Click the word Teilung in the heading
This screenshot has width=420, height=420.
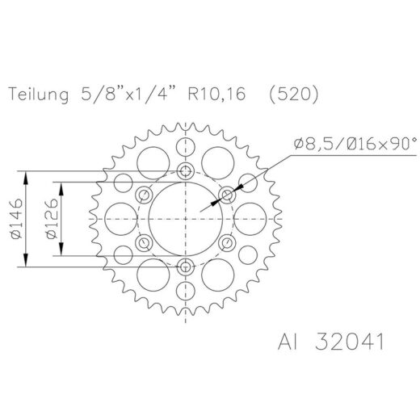pyautogui.click(x=38, y=94)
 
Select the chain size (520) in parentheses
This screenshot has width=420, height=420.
pyautogui.click(x=294, y=94)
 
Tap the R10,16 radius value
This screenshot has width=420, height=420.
pyautogui.click(x=216, y=94)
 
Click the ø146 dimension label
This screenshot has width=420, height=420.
pyautogui.click(x=16, y=219)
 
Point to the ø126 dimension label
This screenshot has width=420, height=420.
pyautogui.click(x=52, y=219)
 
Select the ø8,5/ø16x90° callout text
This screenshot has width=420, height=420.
pyautogui.click(x=355, y=143)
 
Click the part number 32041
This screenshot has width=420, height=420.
pyautogui.click(x=350, y=342)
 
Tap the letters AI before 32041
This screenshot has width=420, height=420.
pyautogui.click(x=288, y=342)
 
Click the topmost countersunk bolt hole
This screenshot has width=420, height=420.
pyautogui.click(x=186, y=170)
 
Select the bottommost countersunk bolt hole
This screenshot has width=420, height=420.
pyautogui.click(x=186, y=267)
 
